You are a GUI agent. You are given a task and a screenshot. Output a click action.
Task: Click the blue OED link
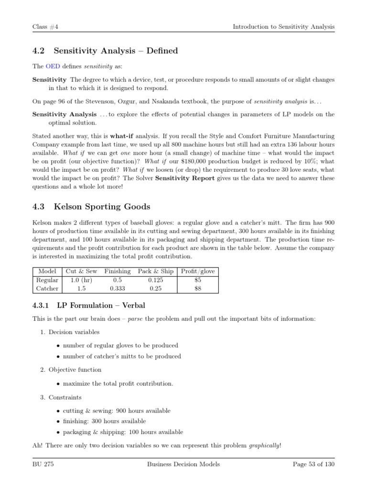click(x=52, y=66)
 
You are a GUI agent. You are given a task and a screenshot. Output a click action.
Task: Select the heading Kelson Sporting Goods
click(x=102, y=207)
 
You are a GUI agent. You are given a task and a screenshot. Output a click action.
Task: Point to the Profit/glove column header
click(x=198, y=271)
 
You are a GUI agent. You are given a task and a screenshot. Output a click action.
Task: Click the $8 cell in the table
click(x=198, y=289)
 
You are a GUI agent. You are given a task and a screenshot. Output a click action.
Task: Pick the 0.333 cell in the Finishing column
click(x=117, y=289)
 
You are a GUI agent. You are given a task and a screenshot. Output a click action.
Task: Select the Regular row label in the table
click(x=47, y=280)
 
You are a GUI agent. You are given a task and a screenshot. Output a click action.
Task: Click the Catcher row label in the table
click(x=47, y=289)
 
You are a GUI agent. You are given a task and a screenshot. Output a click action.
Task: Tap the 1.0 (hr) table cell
click(x=81, y=280)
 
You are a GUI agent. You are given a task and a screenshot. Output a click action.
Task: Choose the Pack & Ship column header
click(x=155, y=271)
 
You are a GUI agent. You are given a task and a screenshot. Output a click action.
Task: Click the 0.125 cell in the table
click(x=155, y=280)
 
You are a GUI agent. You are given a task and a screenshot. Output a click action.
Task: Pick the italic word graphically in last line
click(x=264, y=446)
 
